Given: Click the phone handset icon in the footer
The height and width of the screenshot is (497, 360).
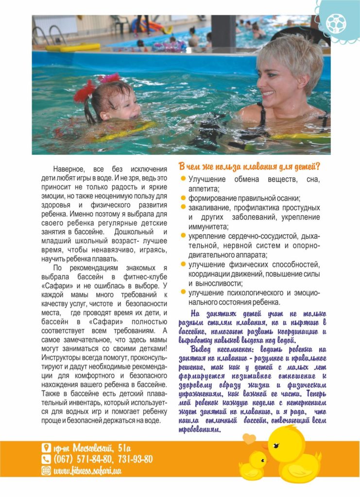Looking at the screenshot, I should tap(46, 459).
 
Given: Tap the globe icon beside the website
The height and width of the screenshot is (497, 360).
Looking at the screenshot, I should tap(46, 470).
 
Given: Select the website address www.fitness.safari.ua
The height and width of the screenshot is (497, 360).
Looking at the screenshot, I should tap(87, 470).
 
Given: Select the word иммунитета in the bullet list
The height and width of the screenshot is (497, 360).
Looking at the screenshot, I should tap(207, 226).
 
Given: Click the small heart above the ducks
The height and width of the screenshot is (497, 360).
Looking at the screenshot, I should tap(250, 439).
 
